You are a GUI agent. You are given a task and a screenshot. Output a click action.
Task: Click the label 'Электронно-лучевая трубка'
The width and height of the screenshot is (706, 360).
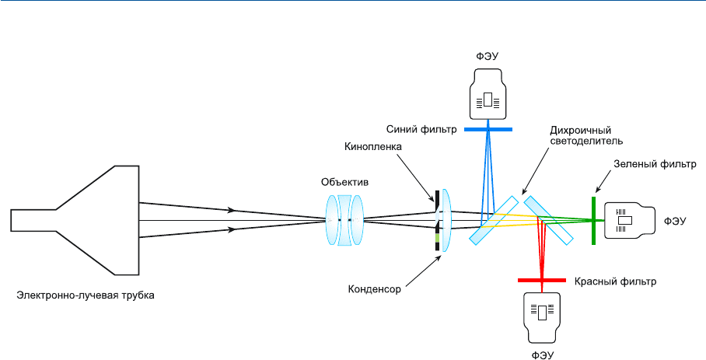(x=86, y=295)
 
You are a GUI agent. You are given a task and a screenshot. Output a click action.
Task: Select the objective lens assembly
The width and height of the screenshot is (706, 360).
(x=344, y=222)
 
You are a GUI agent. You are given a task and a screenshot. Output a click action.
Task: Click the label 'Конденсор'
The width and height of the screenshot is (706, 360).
(x=374, y=288)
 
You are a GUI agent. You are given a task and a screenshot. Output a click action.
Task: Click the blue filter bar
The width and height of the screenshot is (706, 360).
(x=488, y=128)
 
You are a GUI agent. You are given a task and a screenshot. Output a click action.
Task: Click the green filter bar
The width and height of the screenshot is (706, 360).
(x=593, y=221)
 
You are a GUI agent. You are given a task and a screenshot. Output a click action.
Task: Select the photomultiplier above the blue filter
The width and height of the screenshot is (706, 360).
(x=488, y=94)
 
